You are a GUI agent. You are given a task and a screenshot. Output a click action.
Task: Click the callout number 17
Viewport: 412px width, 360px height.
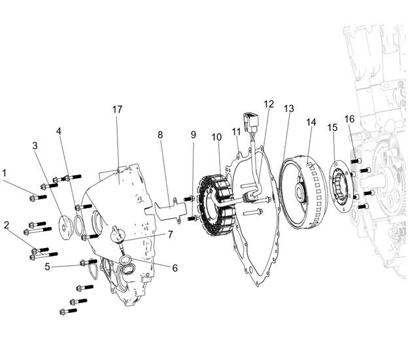click(x=118, y=110)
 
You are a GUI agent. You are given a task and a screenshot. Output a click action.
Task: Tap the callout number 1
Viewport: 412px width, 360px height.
click(x=4, y=173)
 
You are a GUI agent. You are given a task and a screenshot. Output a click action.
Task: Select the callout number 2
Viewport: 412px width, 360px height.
click(x=7, y=225)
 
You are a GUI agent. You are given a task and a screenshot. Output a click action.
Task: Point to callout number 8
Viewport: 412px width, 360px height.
click(x=160, y=135)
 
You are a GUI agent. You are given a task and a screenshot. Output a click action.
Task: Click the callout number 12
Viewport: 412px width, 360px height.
click(x=269, y=104)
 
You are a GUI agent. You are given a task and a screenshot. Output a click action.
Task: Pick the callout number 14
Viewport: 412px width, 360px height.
click(x=311, y=122)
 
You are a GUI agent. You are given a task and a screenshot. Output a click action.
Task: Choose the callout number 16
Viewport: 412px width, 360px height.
click(x=349, y=119)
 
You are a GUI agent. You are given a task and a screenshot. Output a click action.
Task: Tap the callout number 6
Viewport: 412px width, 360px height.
click(x=175, y=268)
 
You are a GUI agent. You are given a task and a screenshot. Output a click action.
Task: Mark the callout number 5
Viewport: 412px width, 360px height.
click(x=47, y=266)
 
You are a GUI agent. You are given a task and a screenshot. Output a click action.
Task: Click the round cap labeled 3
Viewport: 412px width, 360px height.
click(x=65, y=228)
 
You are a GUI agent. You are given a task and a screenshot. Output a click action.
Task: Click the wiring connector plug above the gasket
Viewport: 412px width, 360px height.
click(x=250, y=122)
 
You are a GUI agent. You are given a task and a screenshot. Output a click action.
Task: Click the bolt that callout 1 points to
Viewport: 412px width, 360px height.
click(x=39, y=197)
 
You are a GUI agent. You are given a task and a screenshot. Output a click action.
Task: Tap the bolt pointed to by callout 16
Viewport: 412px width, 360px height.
click(x=356, y=160)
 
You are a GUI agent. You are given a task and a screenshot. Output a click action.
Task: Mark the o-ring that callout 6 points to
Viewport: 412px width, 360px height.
click(x=125, y=260)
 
